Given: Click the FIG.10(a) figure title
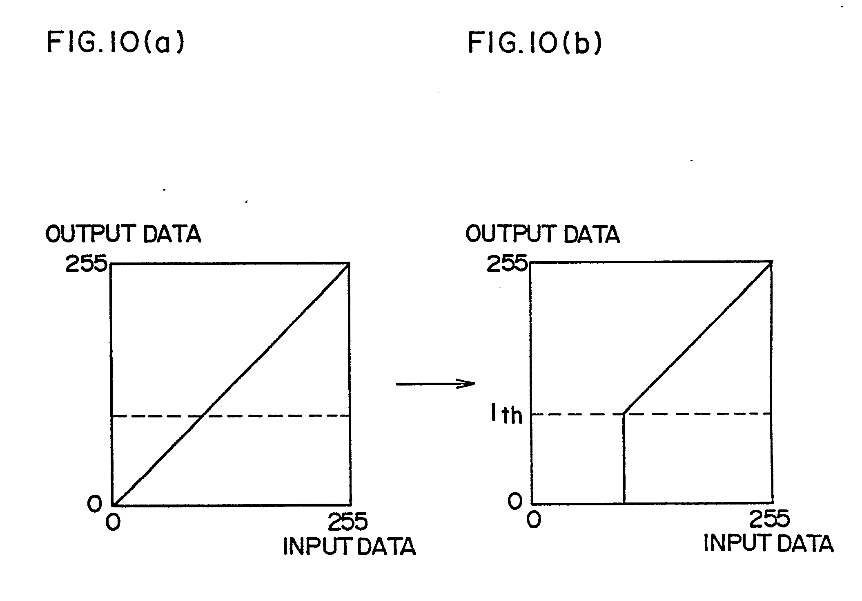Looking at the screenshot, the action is coord(116,43).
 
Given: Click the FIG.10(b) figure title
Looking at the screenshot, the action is coord(535,43).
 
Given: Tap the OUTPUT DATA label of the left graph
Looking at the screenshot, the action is coord(123,234).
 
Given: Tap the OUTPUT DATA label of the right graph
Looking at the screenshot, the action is coord(542,234).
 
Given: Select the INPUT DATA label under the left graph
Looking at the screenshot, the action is coord(349,546).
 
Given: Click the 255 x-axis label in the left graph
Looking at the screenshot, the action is coord(348,521).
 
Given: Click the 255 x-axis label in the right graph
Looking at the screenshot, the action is coord(770,518).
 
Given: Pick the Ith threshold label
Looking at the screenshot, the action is coord(506,415).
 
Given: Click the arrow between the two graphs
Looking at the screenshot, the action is coord(436,383).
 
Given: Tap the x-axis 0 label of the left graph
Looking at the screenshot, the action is coord(113,522).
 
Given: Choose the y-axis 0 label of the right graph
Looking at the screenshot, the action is coord(515,501).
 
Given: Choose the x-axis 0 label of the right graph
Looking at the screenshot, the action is coord(534,520).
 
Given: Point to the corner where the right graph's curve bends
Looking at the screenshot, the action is coord(624,414).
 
